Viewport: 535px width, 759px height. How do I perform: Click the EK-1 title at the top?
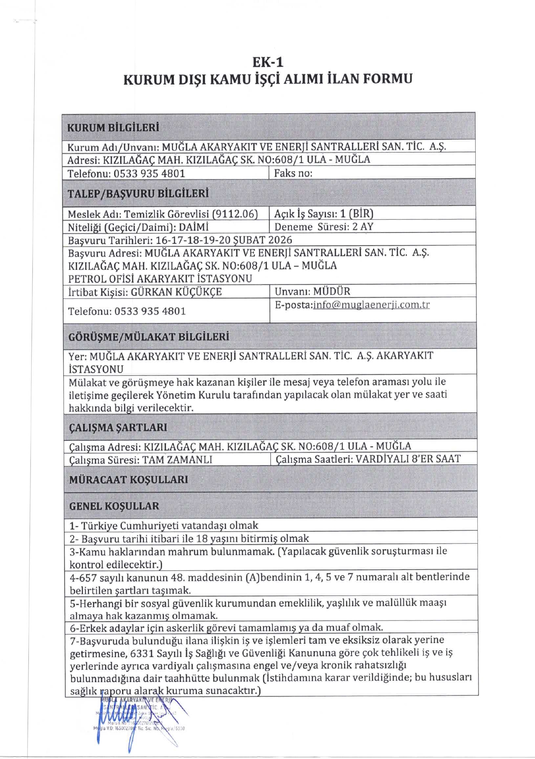pos(268,62)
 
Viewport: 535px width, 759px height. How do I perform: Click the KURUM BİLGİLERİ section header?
pos(113,128)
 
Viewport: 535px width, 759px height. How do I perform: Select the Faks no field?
pos(293,173)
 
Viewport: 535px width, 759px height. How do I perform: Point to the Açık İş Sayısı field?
pos(324,213)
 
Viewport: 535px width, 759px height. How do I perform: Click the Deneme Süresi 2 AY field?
pos(324,227)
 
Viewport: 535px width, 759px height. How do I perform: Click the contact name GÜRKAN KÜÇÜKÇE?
pos(176,292)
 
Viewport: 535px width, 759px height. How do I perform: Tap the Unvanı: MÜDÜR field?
pos(312,291)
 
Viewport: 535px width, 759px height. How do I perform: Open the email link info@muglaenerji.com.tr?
pos(371,305)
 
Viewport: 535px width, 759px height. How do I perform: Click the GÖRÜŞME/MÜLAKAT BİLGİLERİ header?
pos(149,337)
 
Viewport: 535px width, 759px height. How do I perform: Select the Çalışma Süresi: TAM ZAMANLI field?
pos(141,460)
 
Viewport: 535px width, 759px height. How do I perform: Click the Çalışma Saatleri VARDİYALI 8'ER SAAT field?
pos(368,459)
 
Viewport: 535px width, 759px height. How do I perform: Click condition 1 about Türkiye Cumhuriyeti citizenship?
pos(164,525)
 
